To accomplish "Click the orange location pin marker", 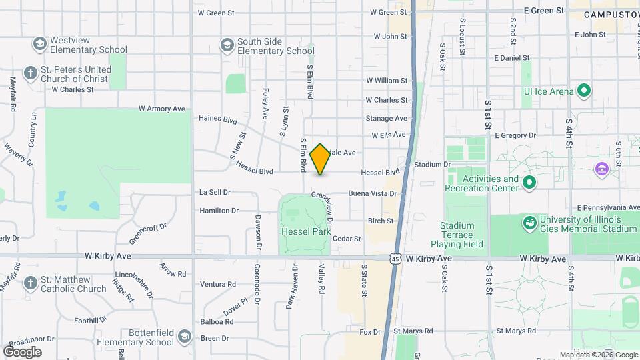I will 321,159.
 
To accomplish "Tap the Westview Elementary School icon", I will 39,45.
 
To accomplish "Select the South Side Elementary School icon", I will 227,45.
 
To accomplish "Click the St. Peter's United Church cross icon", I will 30,73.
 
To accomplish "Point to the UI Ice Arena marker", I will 584,91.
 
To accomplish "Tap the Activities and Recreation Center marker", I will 529,183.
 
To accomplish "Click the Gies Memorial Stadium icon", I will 530,223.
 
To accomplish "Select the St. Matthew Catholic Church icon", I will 30,283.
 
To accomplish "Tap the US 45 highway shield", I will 396,258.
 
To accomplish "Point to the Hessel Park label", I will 306,232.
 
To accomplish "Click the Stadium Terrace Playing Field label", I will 457,235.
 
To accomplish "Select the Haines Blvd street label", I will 218,120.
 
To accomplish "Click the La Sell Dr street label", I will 215,192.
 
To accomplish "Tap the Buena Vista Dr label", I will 373,193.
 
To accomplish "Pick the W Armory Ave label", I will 161,109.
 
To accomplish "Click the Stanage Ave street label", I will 386,119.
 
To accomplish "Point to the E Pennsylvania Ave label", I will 608,207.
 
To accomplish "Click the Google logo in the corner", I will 22,351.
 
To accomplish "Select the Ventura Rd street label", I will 218,284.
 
